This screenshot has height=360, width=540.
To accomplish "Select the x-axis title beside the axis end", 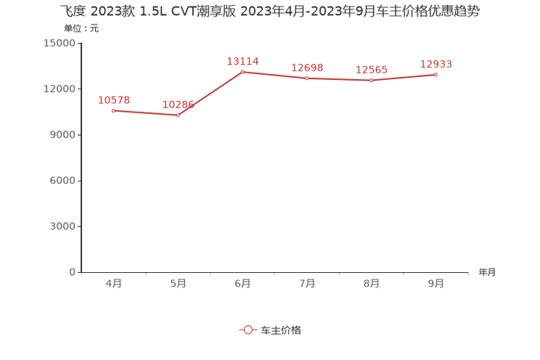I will tap(488, 272).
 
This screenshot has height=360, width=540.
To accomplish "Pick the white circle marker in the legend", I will tap(248, 330).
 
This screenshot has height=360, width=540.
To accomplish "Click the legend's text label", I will tap(280, 330).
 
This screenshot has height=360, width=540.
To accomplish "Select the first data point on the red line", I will tap(113, 110).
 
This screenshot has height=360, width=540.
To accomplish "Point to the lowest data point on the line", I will tap(178, 115).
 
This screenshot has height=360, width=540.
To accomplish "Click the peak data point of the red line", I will tap(242, 71).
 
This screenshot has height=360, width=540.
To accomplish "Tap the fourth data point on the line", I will tap(307, 78).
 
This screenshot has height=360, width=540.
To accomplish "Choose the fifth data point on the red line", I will tap(372, 81).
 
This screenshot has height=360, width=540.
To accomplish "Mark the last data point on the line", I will tap(436, 74).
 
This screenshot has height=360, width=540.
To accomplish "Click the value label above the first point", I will tap(113, 99).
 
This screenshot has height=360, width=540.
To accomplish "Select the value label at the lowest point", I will tap(178, 104).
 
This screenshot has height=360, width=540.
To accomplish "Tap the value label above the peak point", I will tap(242, 61).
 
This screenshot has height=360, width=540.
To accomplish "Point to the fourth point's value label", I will tap(307, 67).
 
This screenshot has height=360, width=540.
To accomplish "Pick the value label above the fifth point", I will tap(372, 70).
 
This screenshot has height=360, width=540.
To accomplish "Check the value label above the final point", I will tap(436, 64).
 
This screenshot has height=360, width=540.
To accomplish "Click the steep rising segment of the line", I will tap(210, 93).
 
